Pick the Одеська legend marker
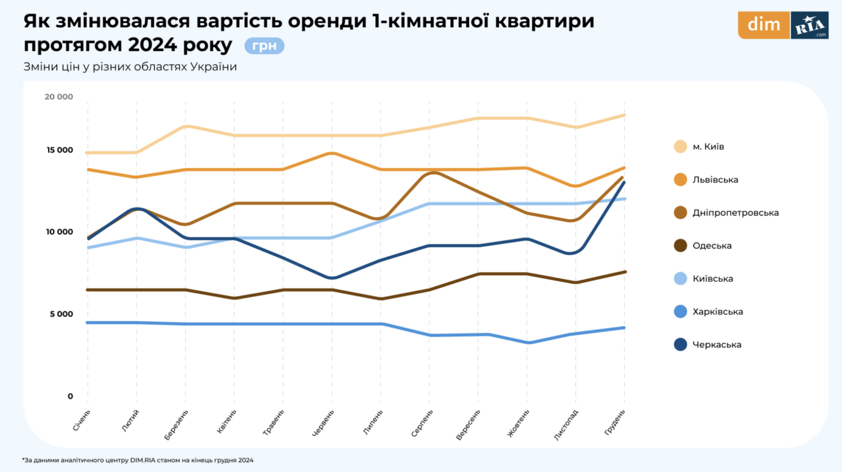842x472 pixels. tap(681, 246)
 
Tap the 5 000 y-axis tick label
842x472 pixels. tap(60, 314)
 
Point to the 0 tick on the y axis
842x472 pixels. tap(70, 396)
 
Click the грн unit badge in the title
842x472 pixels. tap(264, 46)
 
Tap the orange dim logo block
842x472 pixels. tap(763, 25)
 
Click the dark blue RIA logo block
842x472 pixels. tap(810, 25)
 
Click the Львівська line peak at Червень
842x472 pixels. tap(332, 153)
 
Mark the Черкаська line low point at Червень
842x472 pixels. tap(332, 278)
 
